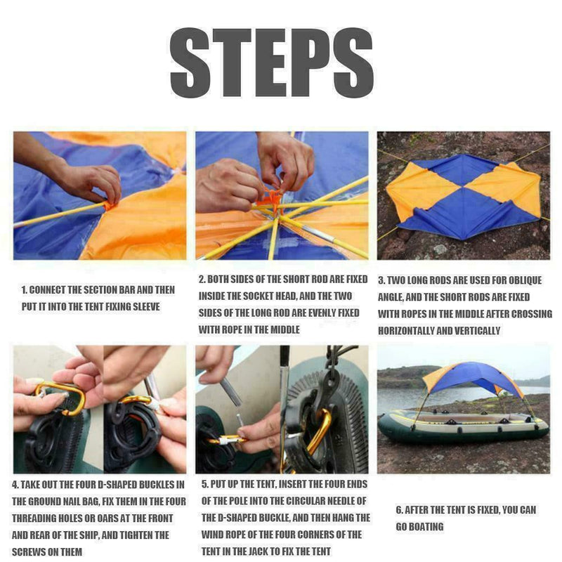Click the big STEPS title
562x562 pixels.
click(271, 64)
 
